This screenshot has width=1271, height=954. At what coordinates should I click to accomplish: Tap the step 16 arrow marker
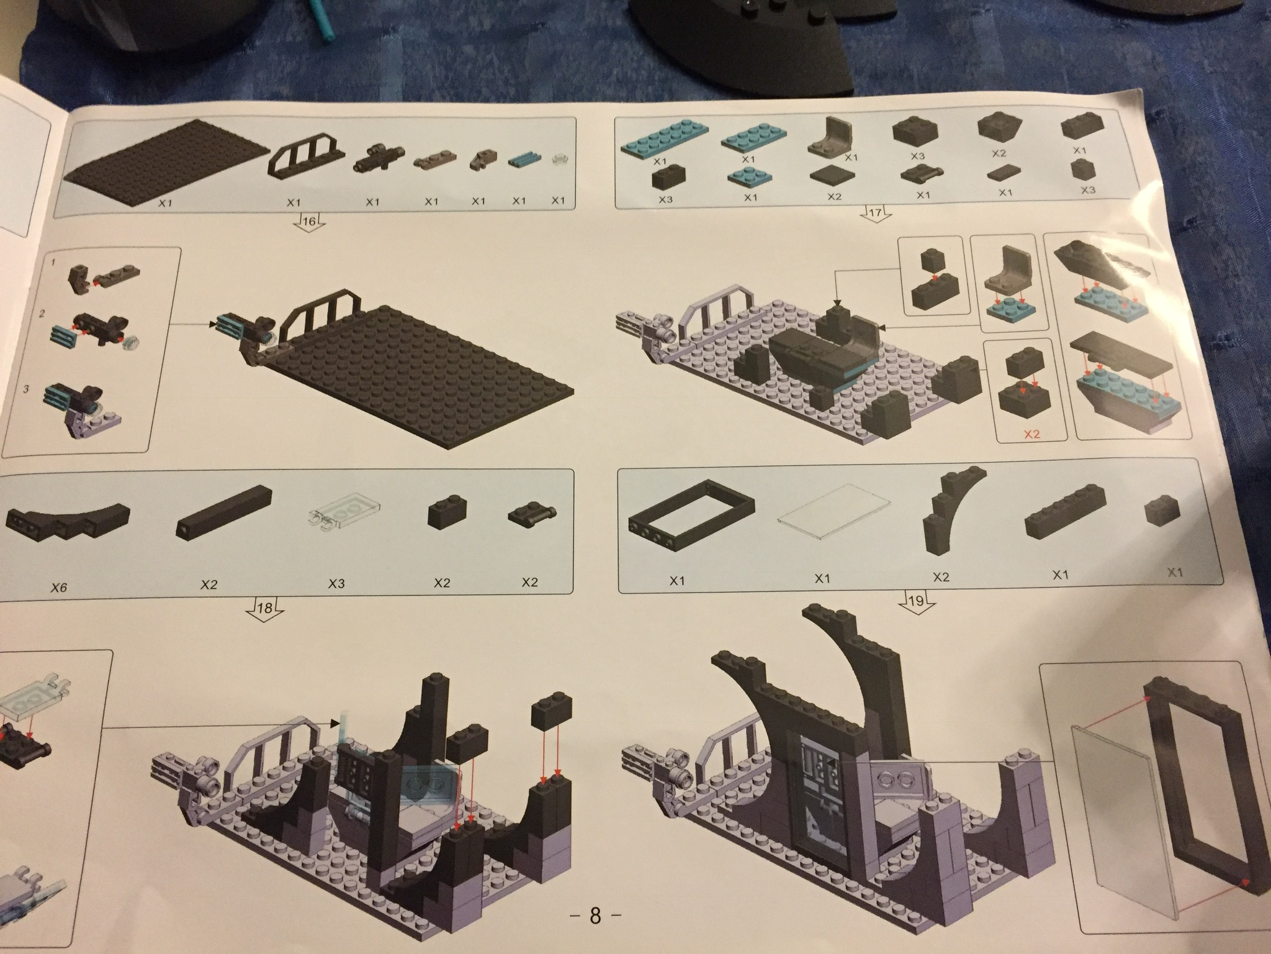pos(308,221)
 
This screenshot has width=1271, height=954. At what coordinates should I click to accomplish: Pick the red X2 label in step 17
pos(1031,434)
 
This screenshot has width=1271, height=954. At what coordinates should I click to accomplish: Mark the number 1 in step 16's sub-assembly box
pos(53,263)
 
